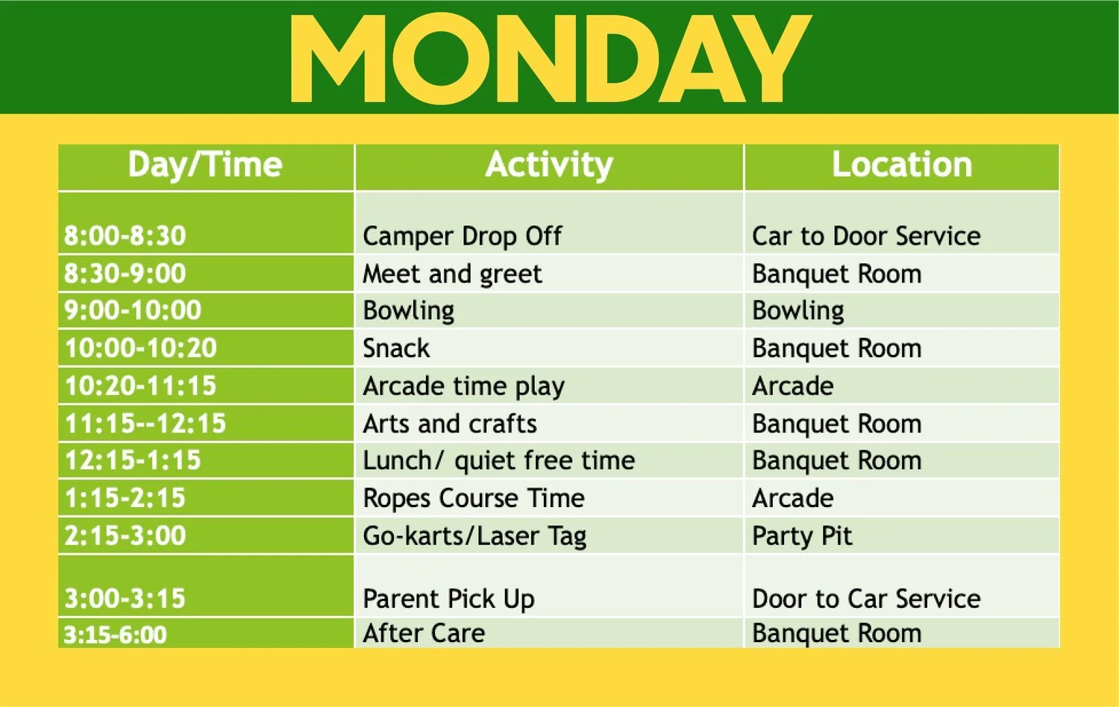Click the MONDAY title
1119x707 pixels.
click(x=550, y=58)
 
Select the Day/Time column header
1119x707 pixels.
click(x=205, y=165)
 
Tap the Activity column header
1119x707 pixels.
click(x=549, y=165)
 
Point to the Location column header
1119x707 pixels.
click(x=901, y=165)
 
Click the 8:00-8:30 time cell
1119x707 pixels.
click(x=125, y=236)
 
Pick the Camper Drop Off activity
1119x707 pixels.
click(x=462, y=236)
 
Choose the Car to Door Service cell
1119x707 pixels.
click(x=866, y=236)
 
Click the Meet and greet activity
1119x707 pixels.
click(x=452, y=274)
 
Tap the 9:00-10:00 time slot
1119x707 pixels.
click(x=133, y=310)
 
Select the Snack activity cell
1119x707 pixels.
click(x=396, y=348)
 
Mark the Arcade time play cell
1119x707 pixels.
click(x=463, y=386)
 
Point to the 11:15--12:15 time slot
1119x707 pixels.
click(x=145, y=424)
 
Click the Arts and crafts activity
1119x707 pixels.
click(x=450, y=424)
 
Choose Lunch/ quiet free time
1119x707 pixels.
click(x=498, y=461)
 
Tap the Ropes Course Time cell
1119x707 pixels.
click(x=474, y=498)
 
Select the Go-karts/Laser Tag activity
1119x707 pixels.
click(x=474, y=536)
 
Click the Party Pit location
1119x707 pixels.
click(x=802, y=536)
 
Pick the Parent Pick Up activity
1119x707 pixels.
click(x=448, y=599)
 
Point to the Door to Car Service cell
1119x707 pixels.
click(x=866, y=599)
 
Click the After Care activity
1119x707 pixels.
click(x=424, y=633)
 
